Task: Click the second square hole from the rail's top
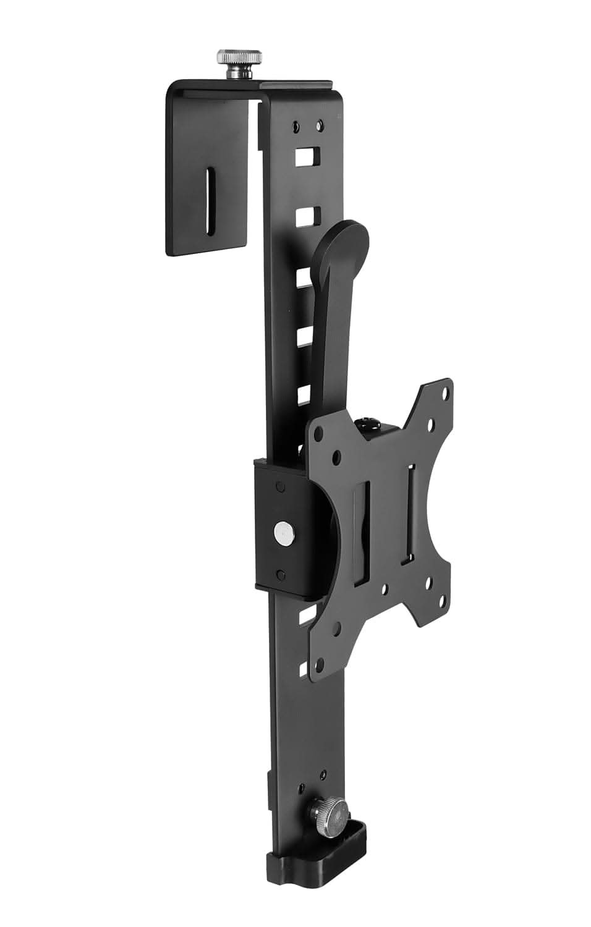tap(306, 216)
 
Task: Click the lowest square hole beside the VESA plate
tap(303, 668)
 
